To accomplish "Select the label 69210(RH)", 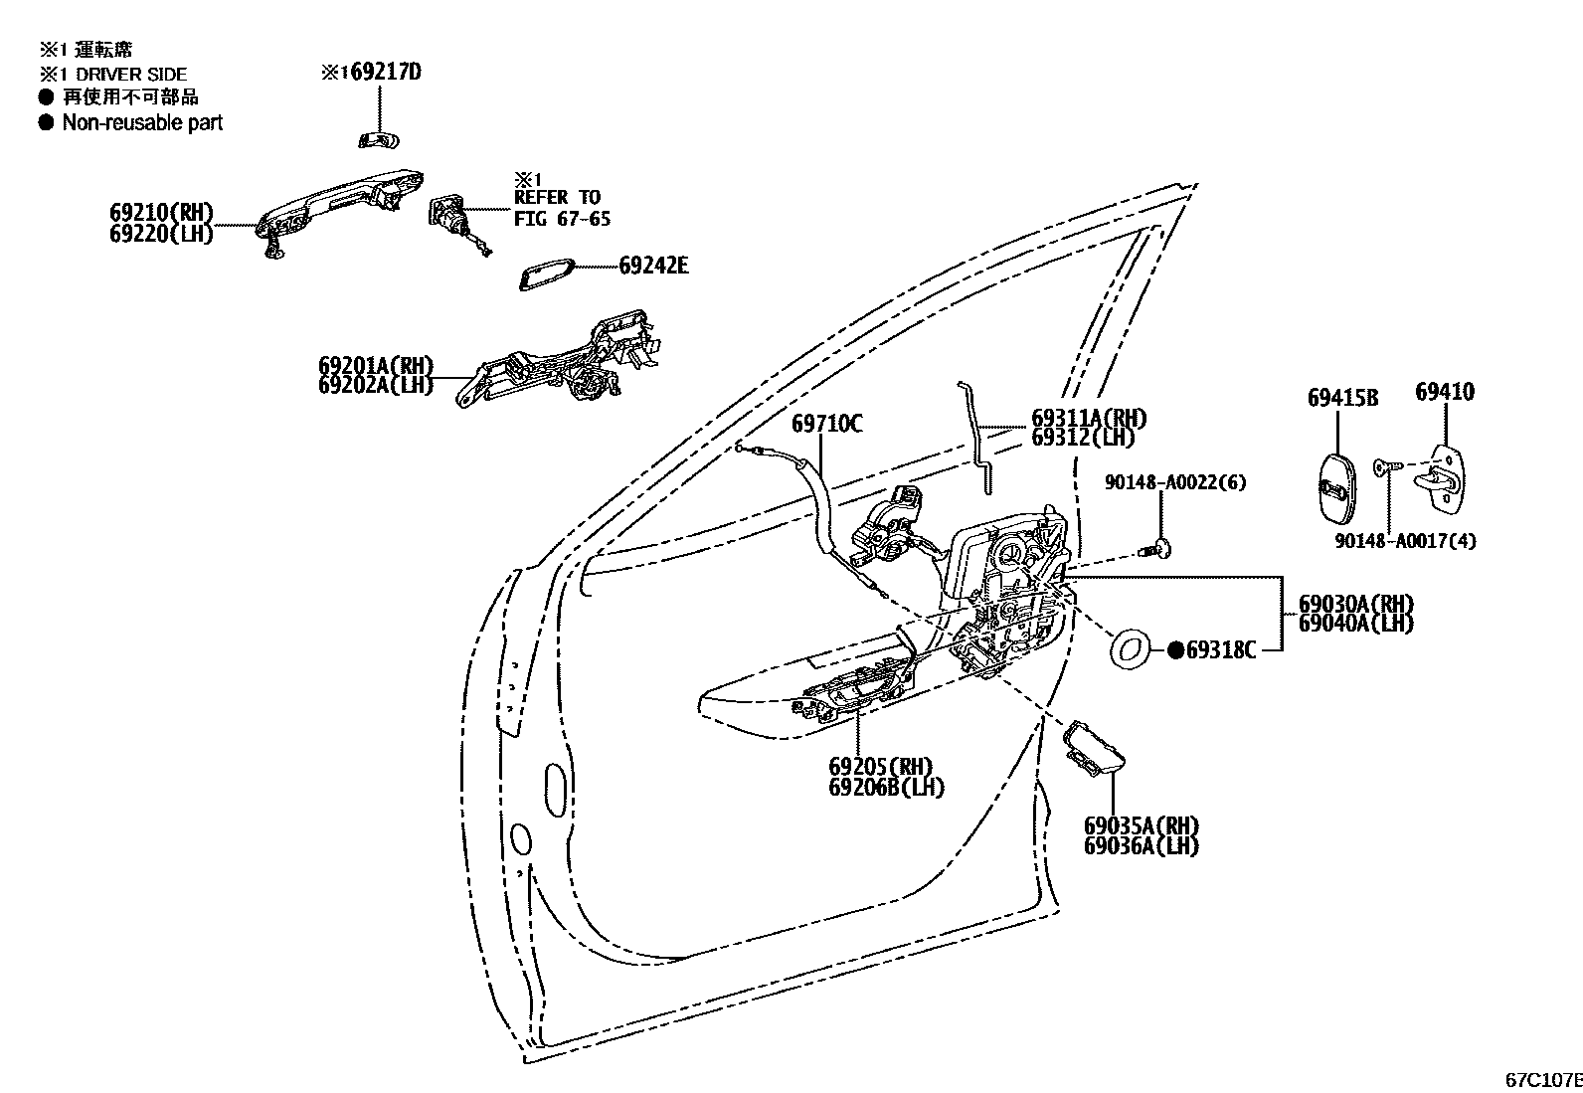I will (x=161, y=213).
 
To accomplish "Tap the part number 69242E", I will (x=653, y=266).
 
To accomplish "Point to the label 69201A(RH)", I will (x=376, y=366).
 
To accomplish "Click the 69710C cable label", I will (x=826, y=425).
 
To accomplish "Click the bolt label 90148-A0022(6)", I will (x=1174, y=482).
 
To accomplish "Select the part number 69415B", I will (x=1341, y=398).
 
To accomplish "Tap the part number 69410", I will (x=1444, y=392).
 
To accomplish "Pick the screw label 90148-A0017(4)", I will (x=1405, y=541).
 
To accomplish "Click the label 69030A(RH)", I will (x=1355, y=604).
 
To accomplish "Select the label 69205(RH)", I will (x=880, y=767).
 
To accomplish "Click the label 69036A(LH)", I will (x=1141, y=846).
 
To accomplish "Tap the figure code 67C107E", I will (x=1542, y=1079).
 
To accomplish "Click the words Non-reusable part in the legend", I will (x=142, y=122).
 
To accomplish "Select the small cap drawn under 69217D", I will (x=378, y=138).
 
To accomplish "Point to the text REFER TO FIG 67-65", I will (x=562, y=208).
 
